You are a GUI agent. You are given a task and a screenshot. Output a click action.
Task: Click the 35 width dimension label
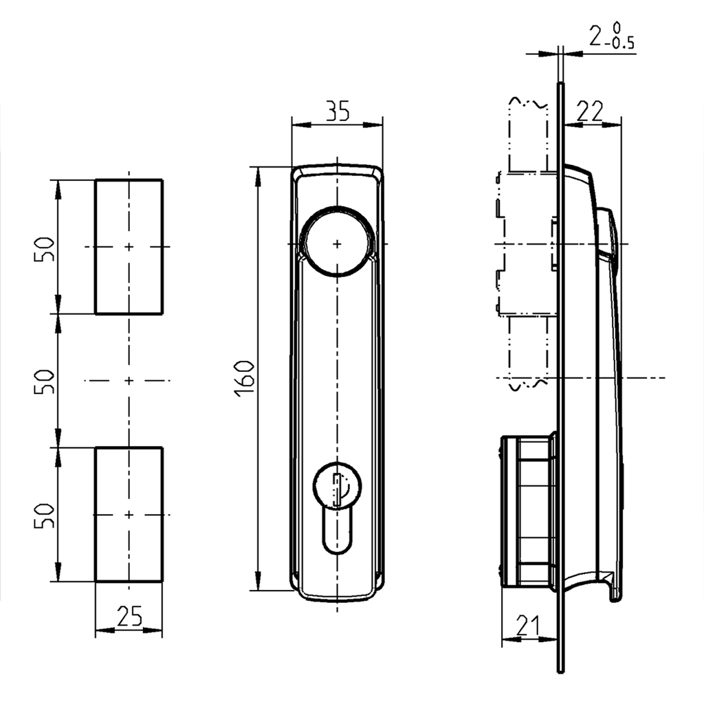[x=337, y=111]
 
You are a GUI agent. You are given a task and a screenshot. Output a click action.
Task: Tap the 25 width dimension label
[x=129, y=616]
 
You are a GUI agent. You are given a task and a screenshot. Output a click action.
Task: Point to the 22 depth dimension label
[x=588, y=111]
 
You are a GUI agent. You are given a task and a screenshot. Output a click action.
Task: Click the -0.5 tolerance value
[x=621, y=46]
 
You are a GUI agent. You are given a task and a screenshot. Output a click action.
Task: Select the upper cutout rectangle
[x=129, y=247]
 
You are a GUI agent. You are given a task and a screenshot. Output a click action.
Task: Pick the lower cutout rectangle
[x=129, y=514]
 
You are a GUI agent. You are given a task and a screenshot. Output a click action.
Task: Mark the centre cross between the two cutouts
[x=129, y=380]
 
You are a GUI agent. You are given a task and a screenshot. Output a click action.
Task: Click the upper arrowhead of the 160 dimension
[x=258, y=175]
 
